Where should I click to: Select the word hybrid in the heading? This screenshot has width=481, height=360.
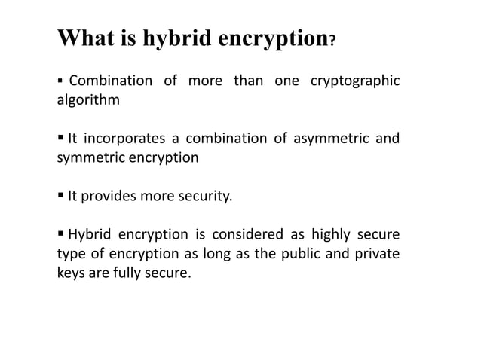click(176, 38)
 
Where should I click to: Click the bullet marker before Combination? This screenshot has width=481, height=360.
click(61, 81)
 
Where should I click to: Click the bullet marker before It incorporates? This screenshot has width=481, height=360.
click(61, 138)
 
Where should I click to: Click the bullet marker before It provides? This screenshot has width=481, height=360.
click(61, 197)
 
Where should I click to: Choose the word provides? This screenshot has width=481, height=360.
click(106, 197)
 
